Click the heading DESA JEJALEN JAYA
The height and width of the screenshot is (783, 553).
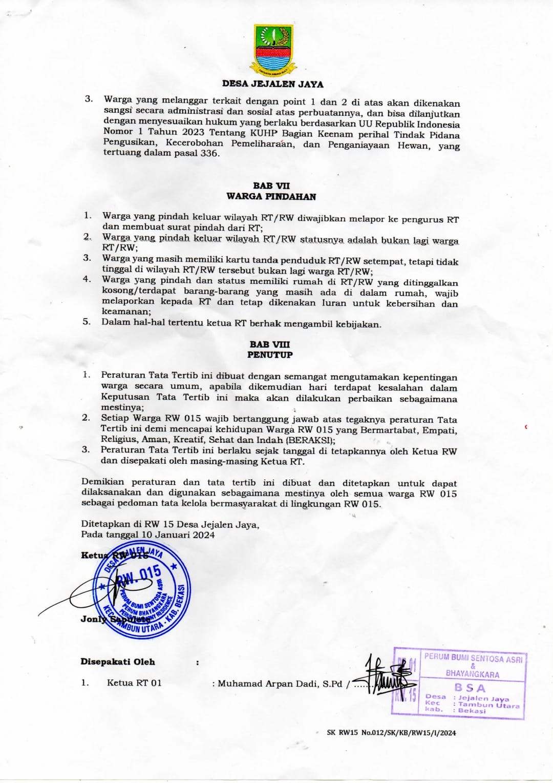[273, 84]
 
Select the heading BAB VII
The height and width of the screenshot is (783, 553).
[271, 186]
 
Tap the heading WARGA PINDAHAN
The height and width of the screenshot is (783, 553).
[271, 196]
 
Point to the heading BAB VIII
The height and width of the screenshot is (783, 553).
[270, 344]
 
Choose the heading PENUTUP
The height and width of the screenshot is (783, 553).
[270, 355]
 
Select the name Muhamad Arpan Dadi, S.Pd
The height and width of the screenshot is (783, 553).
[280, 684]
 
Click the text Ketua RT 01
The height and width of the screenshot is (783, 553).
[134, 683]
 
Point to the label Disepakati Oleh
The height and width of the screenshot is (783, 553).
[118, 662]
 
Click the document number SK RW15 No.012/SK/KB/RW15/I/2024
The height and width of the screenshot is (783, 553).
[391, 733]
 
